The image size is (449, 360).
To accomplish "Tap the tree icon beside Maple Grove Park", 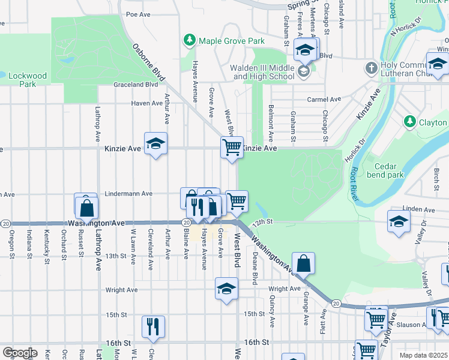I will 190,40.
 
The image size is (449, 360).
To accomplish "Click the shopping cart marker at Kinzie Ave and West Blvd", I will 232,147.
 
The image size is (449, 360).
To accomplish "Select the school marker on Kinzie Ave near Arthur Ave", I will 155,144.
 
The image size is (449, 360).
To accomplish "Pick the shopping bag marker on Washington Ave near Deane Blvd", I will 304,263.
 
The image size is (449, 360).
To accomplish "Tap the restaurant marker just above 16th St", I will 153,326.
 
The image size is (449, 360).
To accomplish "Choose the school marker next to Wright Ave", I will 226,289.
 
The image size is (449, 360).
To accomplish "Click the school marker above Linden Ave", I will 399,221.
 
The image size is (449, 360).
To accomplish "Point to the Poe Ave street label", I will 137,13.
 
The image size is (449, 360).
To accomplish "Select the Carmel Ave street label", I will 324,99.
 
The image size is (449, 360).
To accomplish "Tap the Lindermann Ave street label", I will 128,194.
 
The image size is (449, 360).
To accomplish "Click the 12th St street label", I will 262,222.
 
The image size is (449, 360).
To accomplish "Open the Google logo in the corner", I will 20,353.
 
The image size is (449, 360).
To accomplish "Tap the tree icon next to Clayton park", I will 410,122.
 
